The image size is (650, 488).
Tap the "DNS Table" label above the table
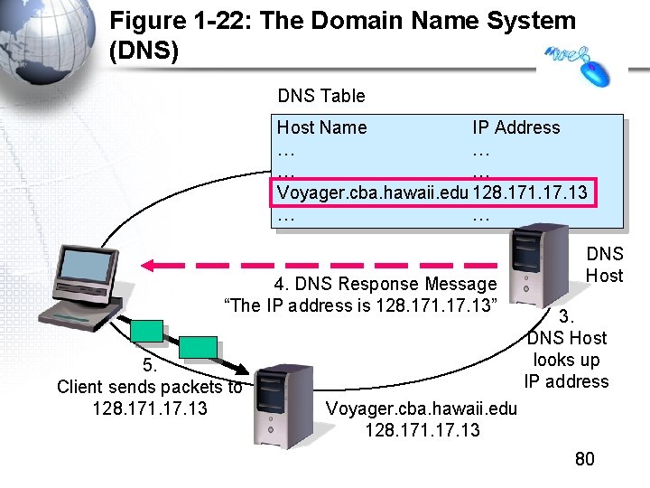click(321, 96)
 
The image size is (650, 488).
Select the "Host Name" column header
click(321, 127)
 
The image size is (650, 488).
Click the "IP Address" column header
click(515, 127)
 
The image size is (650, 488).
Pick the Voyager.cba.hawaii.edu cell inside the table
click(373, 192)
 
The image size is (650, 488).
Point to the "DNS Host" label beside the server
click(604, 265)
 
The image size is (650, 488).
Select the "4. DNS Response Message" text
click(379, 285)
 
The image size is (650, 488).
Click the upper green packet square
click(146, 331)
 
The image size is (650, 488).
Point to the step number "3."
click(566, 317)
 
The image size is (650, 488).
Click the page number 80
click(585, 459)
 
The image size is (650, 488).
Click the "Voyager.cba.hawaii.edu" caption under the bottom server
click(422, 408)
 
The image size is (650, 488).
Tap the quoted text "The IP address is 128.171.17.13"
click(365, 305)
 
